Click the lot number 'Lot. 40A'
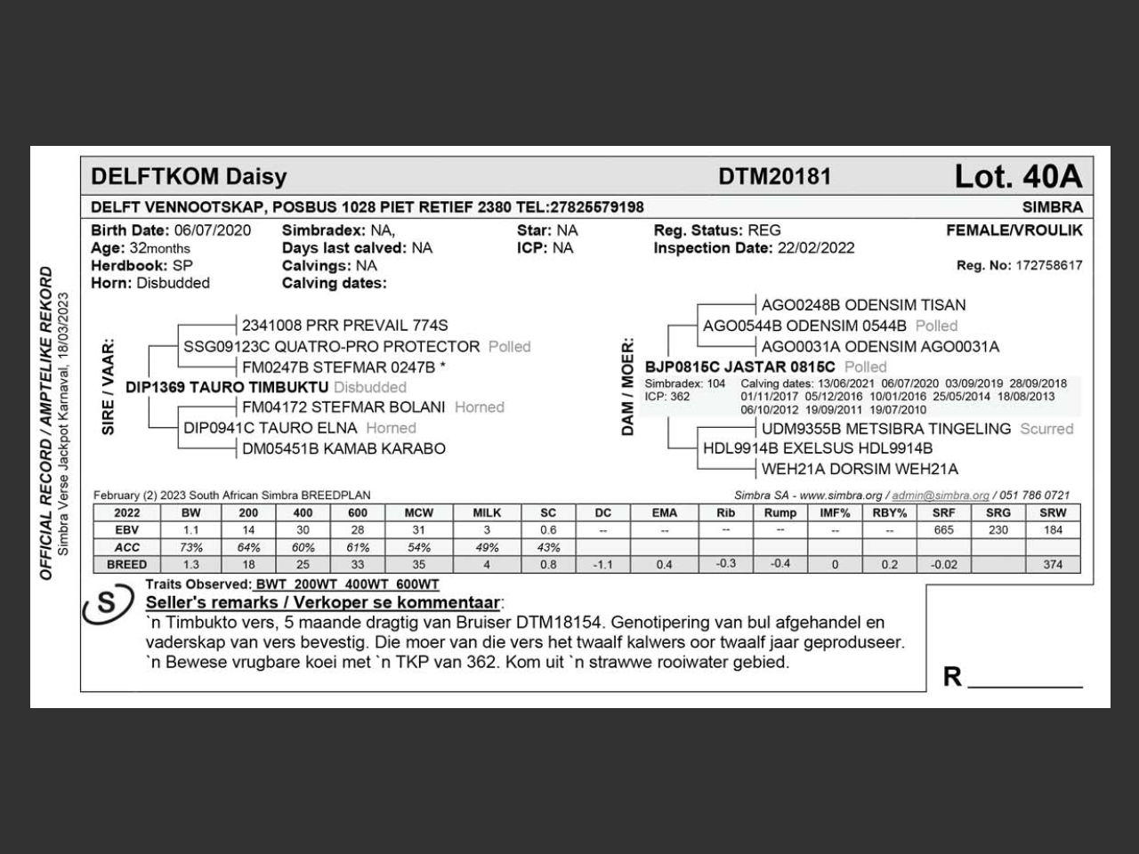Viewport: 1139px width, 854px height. (x=1018, y=177)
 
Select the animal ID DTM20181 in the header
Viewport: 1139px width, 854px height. (x=774, y=177)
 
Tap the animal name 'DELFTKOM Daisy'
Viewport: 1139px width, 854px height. (x=189, y=176)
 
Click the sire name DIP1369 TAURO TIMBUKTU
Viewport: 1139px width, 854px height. (x=227, y=387)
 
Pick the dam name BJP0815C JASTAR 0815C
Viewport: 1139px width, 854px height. (x=739, y=367)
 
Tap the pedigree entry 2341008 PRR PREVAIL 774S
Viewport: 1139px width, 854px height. (x=344, y=326)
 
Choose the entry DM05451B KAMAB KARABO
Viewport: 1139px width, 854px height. (x=343, y=448)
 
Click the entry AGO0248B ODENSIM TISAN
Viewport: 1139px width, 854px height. (x=863, y=305)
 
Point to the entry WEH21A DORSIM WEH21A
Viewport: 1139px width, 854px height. (x=860, y=469)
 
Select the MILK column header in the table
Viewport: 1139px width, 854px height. (x=487, y=512)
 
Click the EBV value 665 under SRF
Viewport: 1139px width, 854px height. (x=943, y=530)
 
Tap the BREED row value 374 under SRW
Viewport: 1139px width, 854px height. (x=1053, y=564)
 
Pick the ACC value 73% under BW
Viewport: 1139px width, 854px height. (x=190, y=547)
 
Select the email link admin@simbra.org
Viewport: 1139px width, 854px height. (x=941, y=495)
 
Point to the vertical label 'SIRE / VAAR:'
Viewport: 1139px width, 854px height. (x=109, y=387)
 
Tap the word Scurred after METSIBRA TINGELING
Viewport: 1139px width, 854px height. (x=1046, y=429)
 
